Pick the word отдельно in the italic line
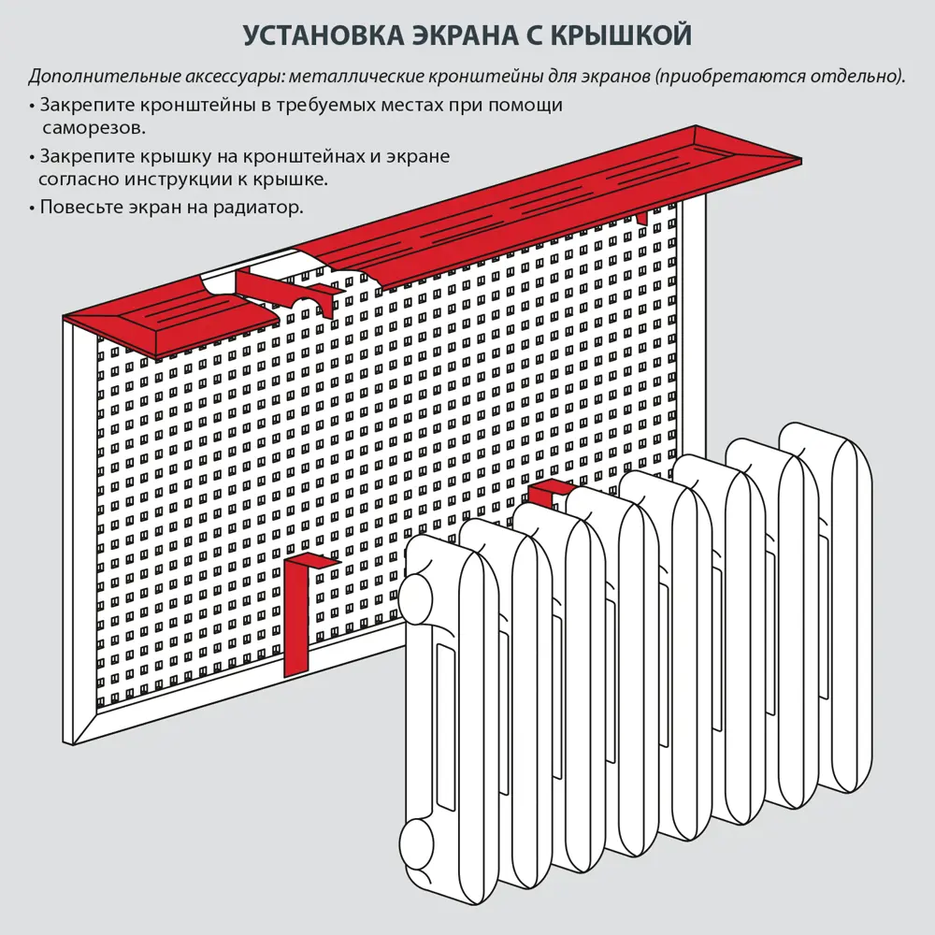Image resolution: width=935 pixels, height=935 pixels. [856, 76]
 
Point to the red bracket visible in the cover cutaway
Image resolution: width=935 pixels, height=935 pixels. [290, 287]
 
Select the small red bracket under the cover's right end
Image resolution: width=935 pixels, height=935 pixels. [641, 217]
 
